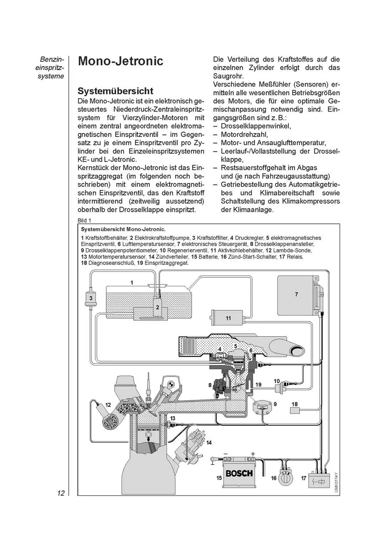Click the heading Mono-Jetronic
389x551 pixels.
point(120,61)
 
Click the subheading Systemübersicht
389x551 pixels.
point(115,91)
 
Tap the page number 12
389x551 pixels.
point(60,493)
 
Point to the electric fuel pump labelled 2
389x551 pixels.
point(157,306)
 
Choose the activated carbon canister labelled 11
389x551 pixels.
point(227,318)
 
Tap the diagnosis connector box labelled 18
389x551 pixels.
point(295,410)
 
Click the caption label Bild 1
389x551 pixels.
point(85,220)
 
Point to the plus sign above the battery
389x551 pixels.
point(253,454)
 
